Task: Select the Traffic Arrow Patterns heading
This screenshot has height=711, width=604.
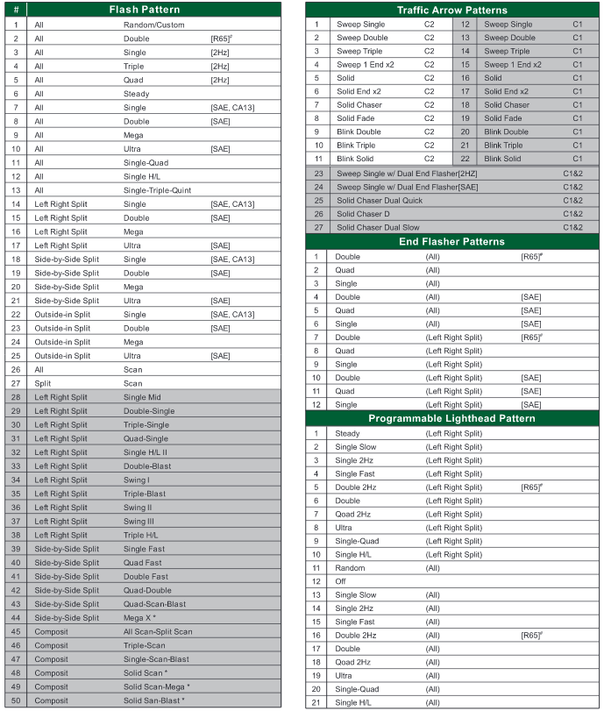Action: tap(451, 10)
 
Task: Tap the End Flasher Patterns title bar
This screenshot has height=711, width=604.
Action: tap(451, 241)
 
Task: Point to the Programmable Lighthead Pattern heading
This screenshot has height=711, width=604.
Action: tap(451, 418)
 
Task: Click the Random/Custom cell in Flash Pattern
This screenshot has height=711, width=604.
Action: tap(153, 25)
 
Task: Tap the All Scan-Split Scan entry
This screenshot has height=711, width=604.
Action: tap(158, 631)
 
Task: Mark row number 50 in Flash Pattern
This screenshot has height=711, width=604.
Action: tap(16, 700)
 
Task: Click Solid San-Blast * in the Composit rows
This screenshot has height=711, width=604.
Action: tap(157, 700)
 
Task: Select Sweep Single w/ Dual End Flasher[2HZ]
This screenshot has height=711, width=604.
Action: tap(408, 174)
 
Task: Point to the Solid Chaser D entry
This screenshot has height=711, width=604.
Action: tap(364, 214)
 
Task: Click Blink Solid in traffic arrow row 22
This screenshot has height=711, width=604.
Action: tap(502, 159)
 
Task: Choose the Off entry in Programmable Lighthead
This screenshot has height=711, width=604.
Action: tap(341, 581)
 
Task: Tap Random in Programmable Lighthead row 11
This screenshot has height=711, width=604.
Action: tap(350, 568)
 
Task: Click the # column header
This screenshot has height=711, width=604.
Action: tap(16, 10)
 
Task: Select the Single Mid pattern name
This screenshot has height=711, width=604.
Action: tap(142, 397)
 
